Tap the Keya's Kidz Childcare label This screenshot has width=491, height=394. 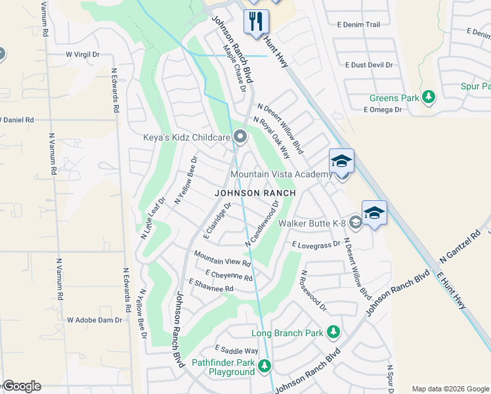pyautogui.click(x=186, y=137)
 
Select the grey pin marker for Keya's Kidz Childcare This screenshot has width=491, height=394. pyautogui.click(x=241, y=137)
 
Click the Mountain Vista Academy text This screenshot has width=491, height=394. pyautogui.click(x=282, y=174)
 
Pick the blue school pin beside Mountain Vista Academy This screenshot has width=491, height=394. pyautogui.click(x=341, y=162)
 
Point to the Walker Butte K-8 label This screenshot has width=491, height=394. pyautogui.click(x=312, y=223)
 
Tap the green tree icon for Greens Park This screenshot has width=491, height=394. pyautogui.click(x=429, y=98)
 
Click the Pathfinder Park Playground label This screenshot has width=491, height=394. pyautogui.click(x=223, y=367)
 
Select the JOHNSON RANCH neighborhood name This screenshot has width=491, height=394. pyautogui.click(x=255, y=194)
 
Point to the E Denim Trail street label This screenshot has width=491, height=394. pyautogui.click(x=358, y=25)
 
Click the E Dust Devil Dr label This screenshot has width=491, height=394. pyautogui.click(x=369, y=65)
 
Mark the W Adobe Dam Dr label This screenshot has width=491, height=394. pyautogui.click(x=95, y=320)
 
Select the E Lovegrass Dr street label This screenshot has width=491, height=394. pyautogui.click(x=316, y=244)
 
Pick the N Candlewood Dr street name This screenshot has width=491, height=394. pyautogui.click(x=263, y=224)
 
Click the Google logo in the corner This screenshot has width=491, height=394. pyautogui.click(x=21, y=386)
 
